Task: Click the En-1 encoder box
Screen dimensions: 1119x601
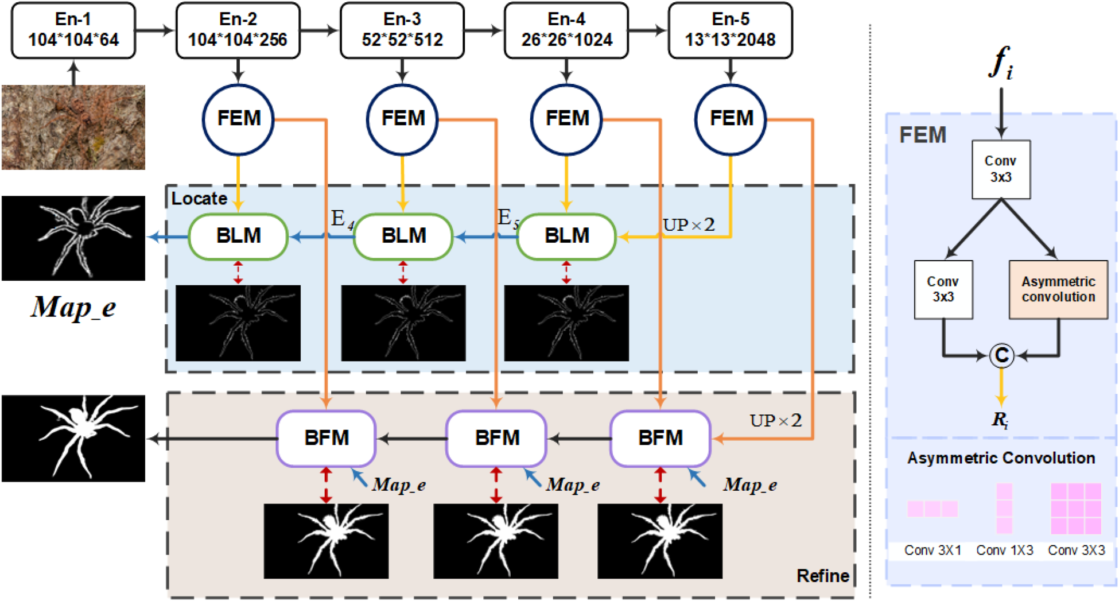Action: (73, 30)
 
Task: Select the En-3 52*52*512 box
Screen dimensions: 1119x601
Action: (402, 30)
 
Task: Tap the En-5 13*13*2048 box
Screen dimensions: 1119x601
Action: (731, 30)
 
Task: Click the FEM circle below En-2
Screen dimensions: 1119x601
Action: (238, 119)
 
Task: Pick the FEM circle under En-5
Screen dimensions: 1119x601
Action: (731, 119)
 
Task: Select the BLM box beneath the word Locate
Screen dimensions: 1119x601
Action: (238, 236)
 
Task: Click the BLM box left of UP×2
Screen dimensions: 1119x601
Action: (567, 236)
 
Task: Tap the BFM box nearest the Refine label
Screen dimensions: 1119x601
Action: (660, 439)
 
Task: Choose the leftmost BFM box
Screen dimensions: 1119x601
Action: (327, 439)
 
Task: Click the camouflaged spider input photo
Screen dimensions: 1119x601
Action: (73, 127)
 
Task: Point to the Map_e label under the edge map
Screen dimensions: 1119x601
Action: (73, 307)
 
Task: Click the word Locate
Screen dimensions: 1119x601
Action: (199, 199)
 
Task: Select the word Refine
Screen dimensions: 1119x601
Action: (823, 576)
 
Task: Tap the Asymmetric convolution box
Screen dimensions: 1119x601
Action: (1058, 290)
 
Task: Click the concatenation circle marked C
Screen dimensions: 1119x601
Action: (1002, 355)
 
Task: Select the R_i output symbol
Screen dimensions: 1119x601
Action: (1000, 420)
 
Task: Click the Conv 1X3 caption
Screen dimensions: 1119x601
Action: (1005, 550)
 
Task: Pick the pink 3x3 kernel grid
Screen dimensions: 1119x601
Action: (1076, 509)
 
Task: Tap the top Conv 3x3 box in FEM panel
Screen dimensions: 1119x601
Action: (1001, 169)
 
